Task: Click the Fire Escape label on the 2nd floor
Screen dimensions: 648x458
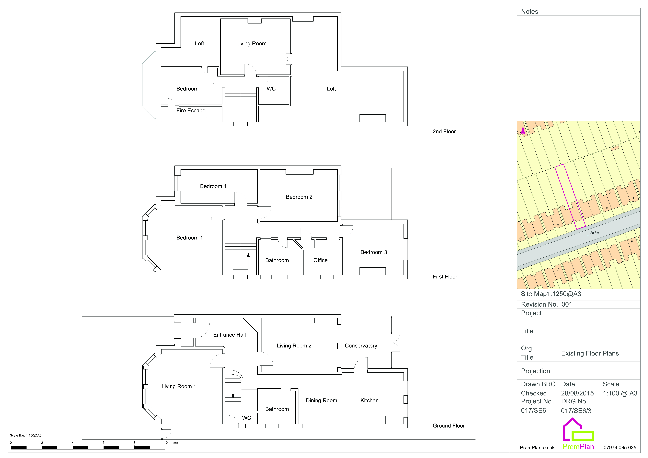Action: pos(191,111)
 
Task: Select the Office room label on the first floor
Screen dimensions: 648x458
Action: pos(320,260)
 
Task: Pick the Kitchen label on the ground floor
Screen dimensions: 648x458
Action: pos(369,400)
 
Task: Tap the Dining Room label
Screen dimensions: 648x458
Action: pos(321,400)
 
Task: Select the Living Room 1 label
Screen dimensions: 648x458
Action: pos(179,386)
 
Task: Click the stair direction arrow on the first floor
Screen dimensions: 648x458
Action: pos(248,255)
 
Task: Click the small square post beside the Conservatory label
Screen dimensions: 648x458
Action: pos(339,346)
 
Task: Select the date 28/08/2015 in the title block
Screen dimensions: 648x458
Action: pos(577,393)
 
